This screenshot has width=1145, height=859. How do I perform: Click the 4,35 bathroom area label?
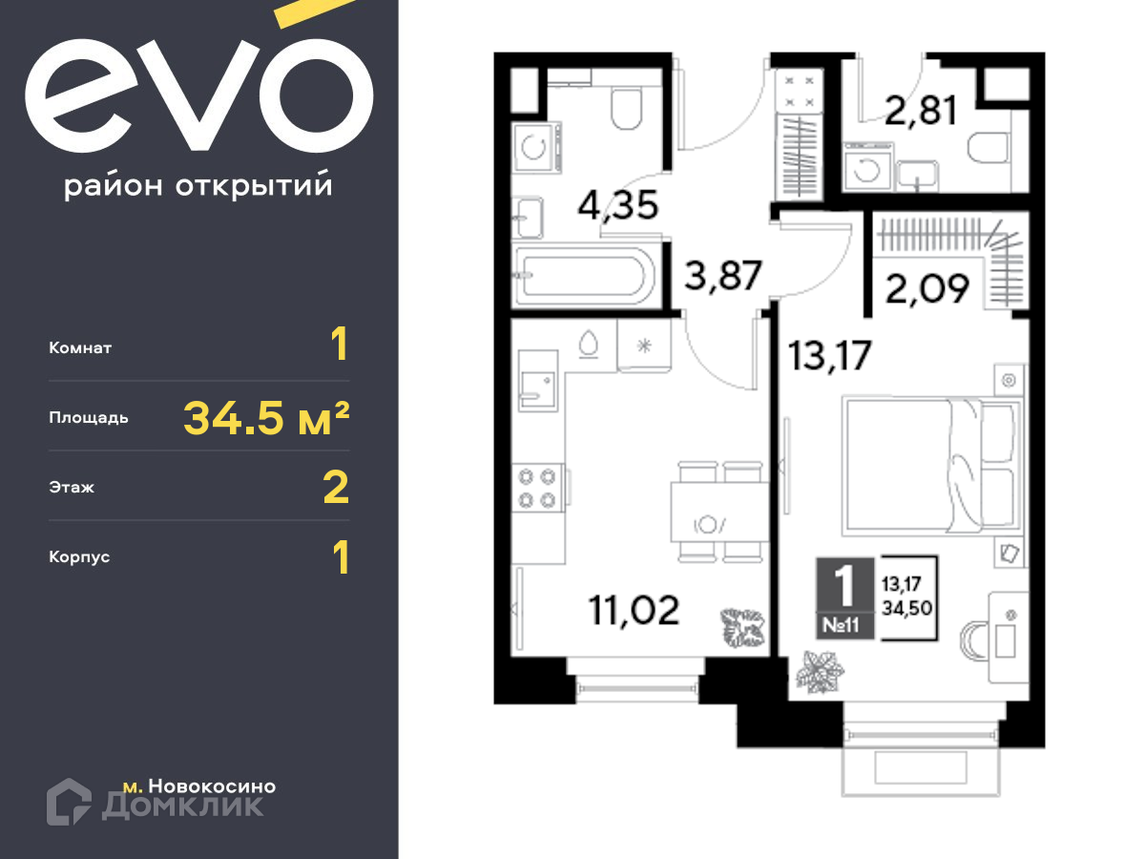[x=618, y=205]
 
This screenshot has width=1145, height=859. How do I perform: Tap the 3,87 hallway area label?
[x=723, y=276]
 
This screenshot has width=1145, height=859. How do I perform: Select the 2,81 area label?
[x=921, y=111]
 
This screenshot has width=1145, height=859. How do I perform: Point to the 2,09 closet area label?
[x=926, y=288]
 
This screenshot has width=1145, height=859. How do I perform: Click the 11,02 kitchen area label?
[x=634, y=610]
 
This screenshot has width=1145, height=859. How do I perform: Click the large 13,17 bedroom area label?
[x=829, y=356]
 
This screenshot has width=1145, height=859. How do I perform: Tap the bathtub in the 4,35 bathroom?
[x=584, y=277]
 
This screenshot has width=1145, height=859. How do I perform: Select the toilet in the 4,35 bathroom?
[x=627, y=108]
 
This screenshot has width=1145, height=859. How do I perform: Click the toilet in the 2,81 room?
[x=989, y=148]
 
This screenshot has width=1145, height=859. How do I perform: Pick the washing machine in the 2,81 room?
[x=867, y=166]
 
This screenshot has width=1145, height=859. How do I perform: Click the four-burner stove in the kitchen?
[x=537, y=488]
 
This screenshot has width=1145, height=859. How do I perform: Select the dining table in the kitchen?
[x=719, y=512]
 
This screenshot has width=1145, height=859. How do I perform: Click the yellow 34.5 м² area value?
[x=266, y=418]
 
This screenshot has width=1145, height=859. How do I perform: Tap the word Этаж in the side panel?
[x=72, y=487]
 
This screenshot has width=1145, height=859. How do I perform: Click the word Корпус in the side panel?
[x=79, y=557]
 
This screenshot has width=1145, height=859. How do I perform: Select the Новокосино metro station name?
[x=213, y=786]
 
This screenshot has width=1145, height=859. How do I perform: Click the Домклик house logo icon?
[x=69, y=802]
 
